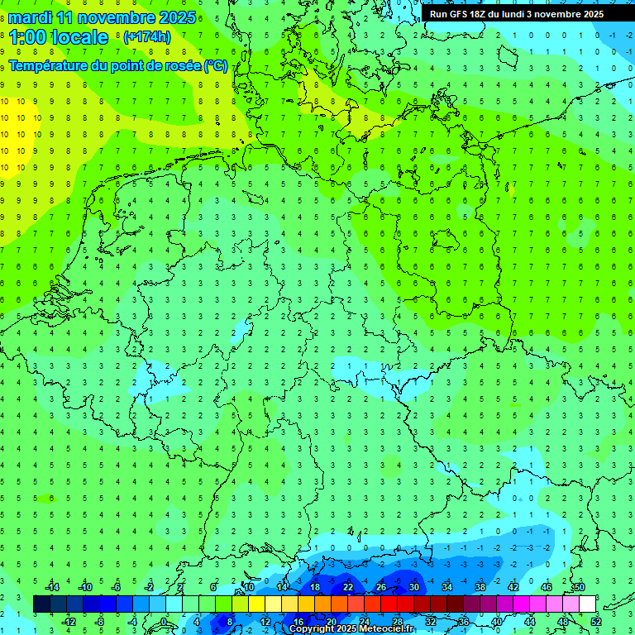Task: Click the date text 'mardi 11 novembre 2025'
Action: click(103, 17)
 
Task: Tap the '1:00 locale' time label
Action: click(59, 37)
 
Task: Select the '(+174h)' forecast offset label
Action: click(146, 37)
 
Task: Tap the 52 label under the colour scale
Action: click(595, 622)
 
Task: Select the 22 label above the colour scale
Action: click(348, 587)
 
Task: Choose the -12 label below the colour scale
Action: click(69, 622)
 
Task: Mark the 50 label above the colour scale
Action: click(580, 587)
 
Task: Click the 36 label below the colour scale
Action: click(464, 622)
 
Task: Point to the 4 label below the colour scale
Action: click(197, 622)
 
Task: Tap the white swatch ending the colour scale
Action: click(587, 604)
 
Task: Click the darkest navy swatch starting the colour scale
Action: click(41, 604)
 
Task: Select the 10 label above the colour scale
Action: click(249, 587)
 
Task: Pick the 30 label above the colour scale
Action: click(414, 587)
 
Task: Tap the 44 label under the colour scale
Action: click(530, 622)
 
